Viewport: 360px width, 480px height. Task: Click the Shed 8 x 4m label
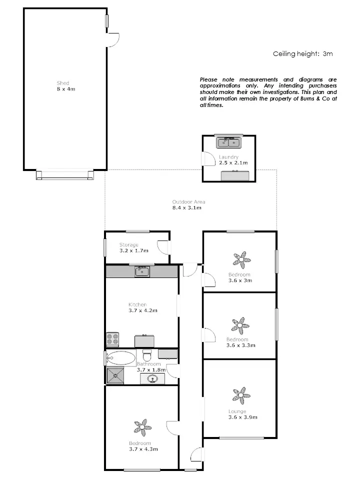pyautogui.click(x=63, y=86)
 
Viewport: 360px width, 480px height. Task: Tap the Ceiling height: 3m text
pyautogui.click(x=302, y=53)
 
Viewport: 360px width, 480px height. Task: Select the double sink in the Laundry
pyautogui.click(x=228, y=143)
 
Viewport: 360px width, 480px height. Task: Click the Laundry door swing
pyautogui.click(x=205, y=158)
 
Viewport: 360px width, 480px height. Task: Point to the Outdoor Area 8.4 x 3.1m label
pyautogui.click(x=188, y=204)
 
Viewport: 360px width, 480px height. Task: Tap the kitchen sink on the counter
pyautogui.click(x=142, y=272)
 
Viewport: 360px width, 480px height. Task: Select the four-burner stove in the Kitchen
pyautogui.click(x=112, y=339)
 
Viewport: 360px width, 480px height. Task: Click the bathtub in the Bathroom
pyautogui.click(x=120, y=358)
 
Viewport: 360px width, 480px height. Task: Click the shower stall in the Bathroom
pyautogui.click(x=115, y=375)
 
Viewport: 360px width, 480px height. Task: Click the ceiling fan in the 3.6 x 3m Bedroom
pyautogui.click(x=242, y=259)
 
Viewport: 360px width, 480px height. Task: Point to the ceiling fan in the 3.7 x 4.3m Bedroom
pyautogui.click(x=142, y=427)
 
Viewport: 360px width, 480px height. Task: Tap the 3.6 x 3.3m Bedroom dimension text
pyautogui.click(x=241, y=345)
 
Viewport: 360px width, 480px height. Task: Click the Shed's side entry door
pyautogui.click(x=113, y=40)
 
